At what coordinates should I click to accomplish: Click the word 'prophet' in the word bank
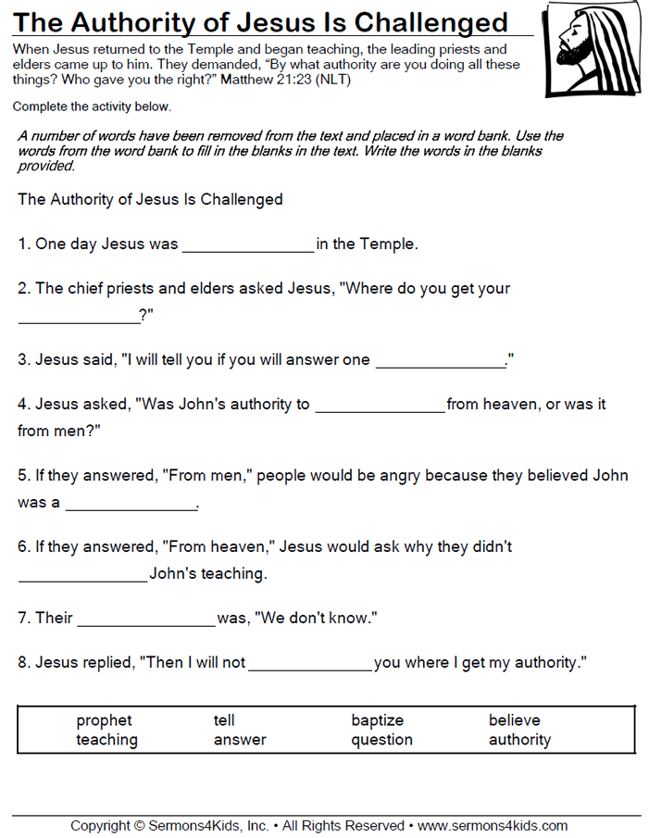[104, 720]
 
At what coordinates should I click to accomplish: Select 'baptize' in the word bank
[377, 720]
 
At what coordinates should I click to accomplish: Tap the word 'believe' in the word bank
[514, 720]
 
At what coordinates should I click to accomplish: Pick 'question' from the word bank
[381, 740]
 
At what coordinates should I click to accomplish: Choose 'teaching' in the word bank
[106, 740]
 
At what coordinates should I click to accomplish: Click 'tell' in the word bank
[224, 720]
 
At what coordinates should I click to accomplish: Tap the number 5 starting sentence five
[22, 476]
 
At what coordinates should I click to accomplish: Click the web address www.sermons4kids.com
[493, 825]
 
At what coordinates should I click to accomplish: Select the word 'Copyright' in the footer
[100, 825]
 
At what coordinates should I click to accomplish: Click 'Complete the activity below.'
[92, 107]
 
